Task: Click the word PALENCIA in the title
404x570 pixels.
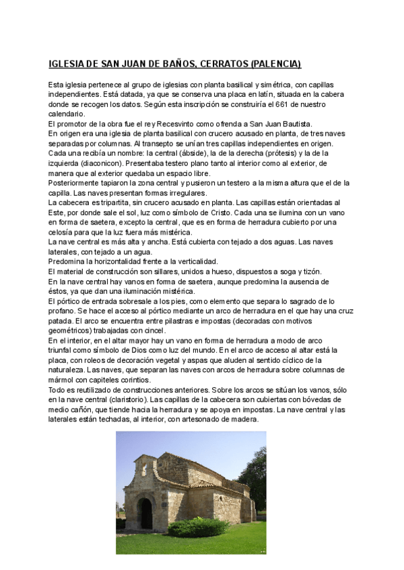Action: pyautogui.click(x=277, y=65)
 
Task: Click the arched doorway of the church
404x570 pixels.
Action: pyautogui.click(x=145, y=512)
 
